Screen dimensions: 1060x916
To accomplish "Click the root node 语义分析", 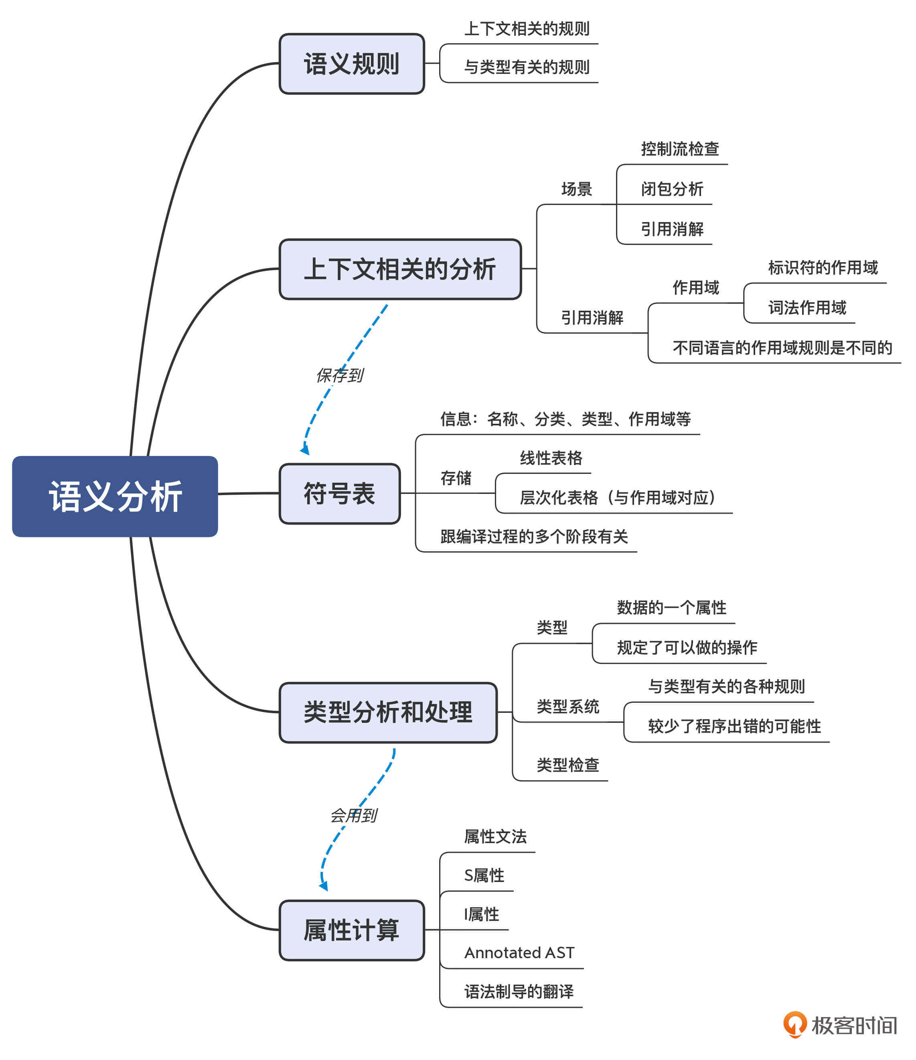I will click(x=115, y=496).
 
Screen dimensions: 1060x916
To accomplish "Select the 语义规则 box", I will click(x=352, y=64).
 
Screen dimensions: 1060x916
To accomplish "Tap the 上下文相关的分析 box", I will click(x=400, y=269).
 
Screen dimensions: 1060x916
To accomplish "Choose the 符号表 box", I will click(x=339, y=494).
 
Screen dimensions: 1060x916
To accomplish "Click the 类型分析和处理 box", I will click(x=388, y=712).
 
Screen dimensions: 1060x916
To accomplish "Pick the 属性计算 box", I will click(x=352, y=930).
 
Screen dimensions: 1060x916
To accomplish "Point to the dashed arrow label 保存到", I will click(x=340, y=376).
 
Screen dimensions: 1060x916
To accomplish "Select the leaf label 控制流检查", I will click(x=679, y=149).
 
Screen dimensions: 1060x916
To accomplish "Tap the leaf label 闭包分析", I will click(x=672, y=189).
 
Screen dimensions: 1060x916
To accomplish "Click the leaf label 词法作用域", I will click(x=807, y=307).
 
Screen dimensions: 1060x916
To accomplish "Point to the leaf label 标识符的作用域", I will click(x=822, y=267).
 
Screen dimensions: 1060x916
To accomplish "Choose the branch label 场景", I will click(x=576, y=189).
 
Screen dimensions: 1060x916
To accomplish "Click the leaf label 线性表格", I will click(x=551, y=458).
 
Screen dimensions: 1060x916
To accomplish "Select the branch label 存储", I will click(x=456, y=478).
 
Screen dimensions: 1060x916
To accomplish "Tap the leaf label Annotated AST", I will click(x=519, y=953).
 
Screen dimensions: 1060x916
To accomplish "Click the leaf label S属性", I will click(x=484, y=875).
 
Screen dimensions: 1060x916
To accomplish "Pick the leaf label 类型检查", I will click(x=567, y=765).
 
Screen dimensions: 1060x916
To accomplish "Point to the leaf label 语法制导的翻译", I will click(x=519, y=991).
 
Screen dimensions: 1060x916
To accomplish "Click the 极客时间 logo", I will click(x=840, y=1025).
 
